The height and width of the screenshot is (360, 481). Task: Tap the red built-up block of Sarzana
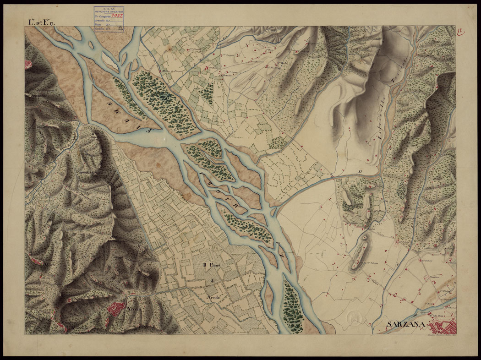[x=443, y=329]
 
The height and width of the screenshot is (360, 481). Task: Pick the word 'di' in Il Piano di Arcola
[x=213, y=281]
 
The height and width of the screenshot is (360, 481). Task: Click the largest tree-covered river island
[x=159, y=99]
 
